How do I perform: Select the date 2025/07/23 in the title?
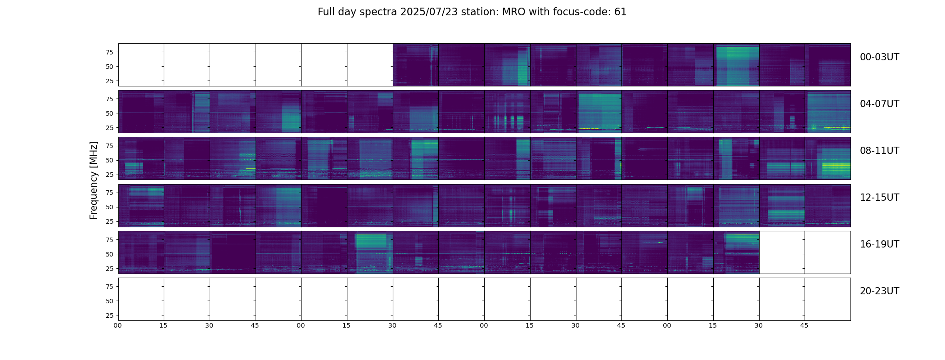tap(429, 12)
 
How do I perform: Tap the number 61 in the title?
tap(621, 12)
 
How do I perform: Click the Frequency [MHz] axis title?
tap(94, 180)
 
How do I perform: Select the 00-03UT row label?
tap(879, 57)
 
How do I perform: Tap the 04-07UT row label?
tap(879, 104)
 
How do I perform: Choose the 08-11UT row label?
tap(879, 151)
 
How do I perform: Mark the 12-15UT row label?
tap(879, 198)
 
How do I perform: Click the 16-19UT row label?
tap(879, 244)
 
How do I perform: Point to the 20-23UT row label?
tap(879, 291)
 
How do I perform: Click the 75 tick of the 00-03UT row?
tap(109, 52)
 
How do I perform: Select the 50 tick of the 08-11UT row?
tap(109, 160)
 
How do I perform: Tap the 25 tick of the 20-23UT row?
tap(109, 315)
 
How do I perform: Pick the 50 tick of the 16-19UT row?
tap(109, 254)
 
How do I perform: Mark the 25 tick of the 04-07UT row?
tap(109, 128)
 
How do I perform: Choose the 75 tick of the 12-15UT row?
tap(109, 193)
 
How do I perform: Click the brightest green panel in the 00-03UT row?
tap(736, 65)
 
